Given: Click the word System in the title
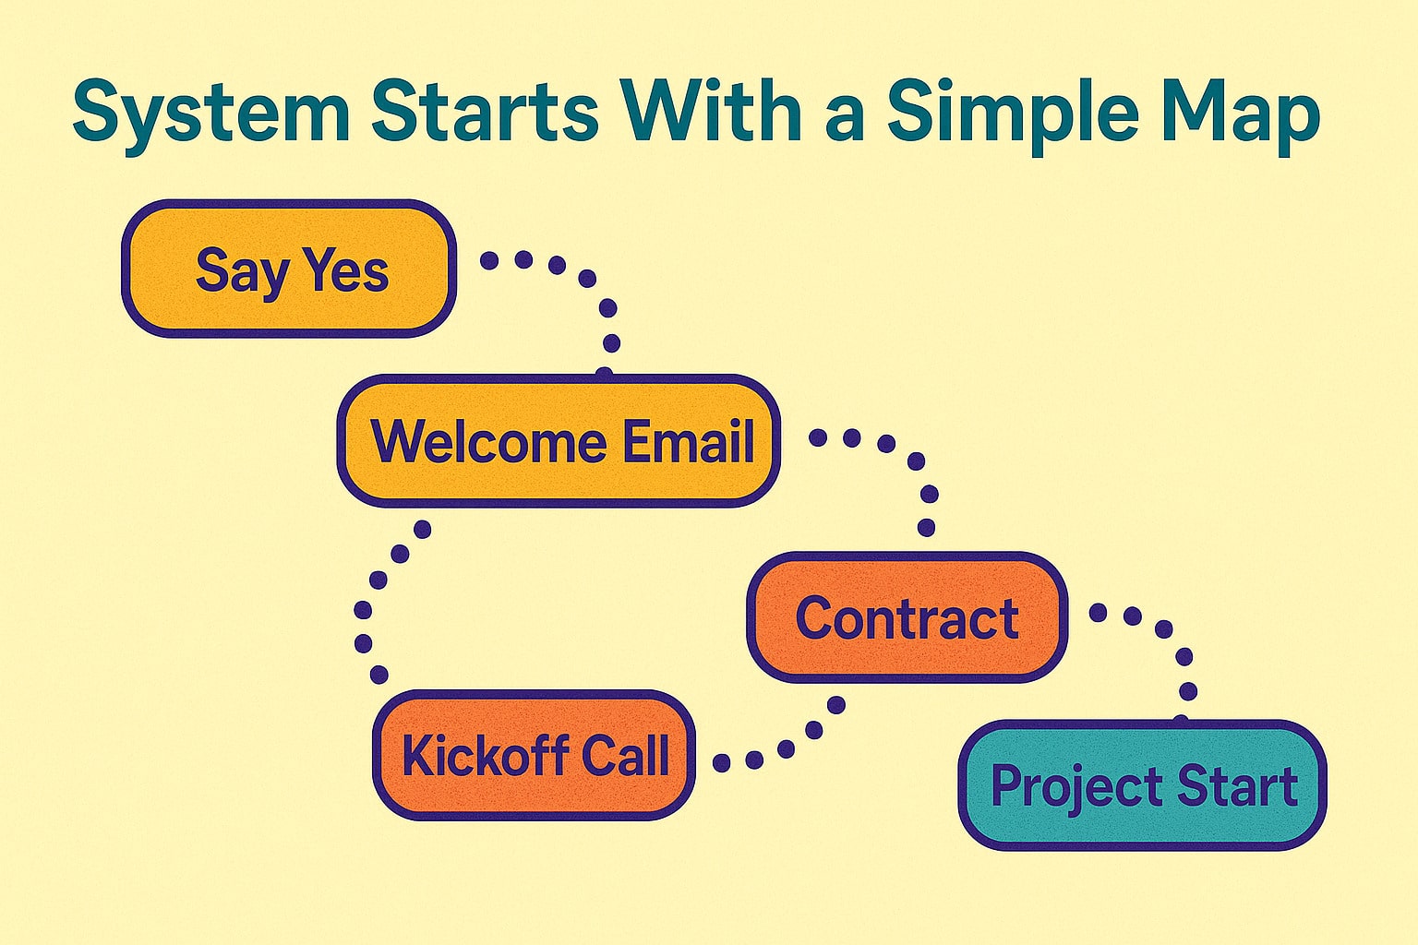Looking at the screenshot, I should pos(210,113).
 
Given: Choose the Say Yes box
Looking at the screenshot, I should pos(288,269).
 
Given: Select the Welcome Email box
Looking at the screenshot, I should pos(559,441).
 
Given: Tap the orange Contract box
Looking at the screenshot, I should pos(907,616).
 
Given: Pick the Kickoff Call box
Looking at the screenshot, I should pos(534,755).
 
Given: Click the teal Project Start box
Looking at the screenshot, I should pos(1142,785).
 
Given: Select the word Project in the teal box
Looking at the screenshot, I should pos(1062,787).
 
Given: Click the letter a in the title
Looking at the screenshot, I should pos(842,115).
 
